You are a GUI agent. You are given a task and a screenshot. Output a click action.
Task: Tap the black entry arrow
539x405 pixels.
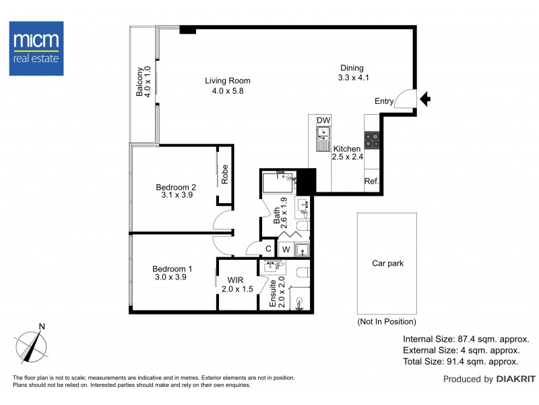tap(425, 100)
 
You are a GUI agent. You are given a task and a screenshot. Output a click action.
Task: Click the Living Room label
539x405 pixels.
tap(224, 86)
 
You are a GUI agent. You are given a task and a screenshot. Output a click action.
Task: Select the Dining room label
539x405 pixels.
tap(351, 72)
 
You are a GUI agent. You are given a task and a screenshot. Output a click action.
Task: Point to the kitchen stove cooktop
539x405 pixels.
tap(372, 140)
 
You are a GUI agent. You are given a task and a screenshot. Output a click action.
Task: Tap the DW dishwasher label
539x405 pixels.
tap(323, 121)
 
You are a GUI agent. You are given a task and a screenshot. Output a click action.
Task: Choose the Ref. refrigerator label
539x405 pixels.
tap(371, 181)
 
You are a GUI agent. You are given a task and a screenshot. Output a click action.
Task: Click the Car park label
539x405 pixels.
tap(387, 264)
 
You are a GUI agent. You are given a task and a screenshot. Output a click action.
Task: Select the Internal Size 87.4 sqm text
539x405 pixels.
tap(466, 339)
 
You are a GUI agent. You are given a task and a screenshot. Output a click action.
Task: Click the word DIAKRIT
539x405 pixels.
tap(513, 379)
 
